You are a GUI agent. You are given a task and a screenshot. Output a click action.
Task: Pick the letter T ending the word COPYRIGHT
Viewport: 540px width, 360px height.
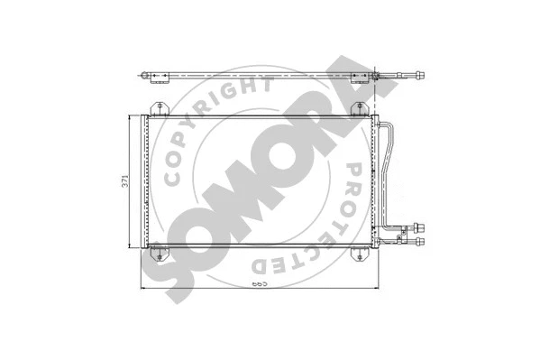tap(264, 87)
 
